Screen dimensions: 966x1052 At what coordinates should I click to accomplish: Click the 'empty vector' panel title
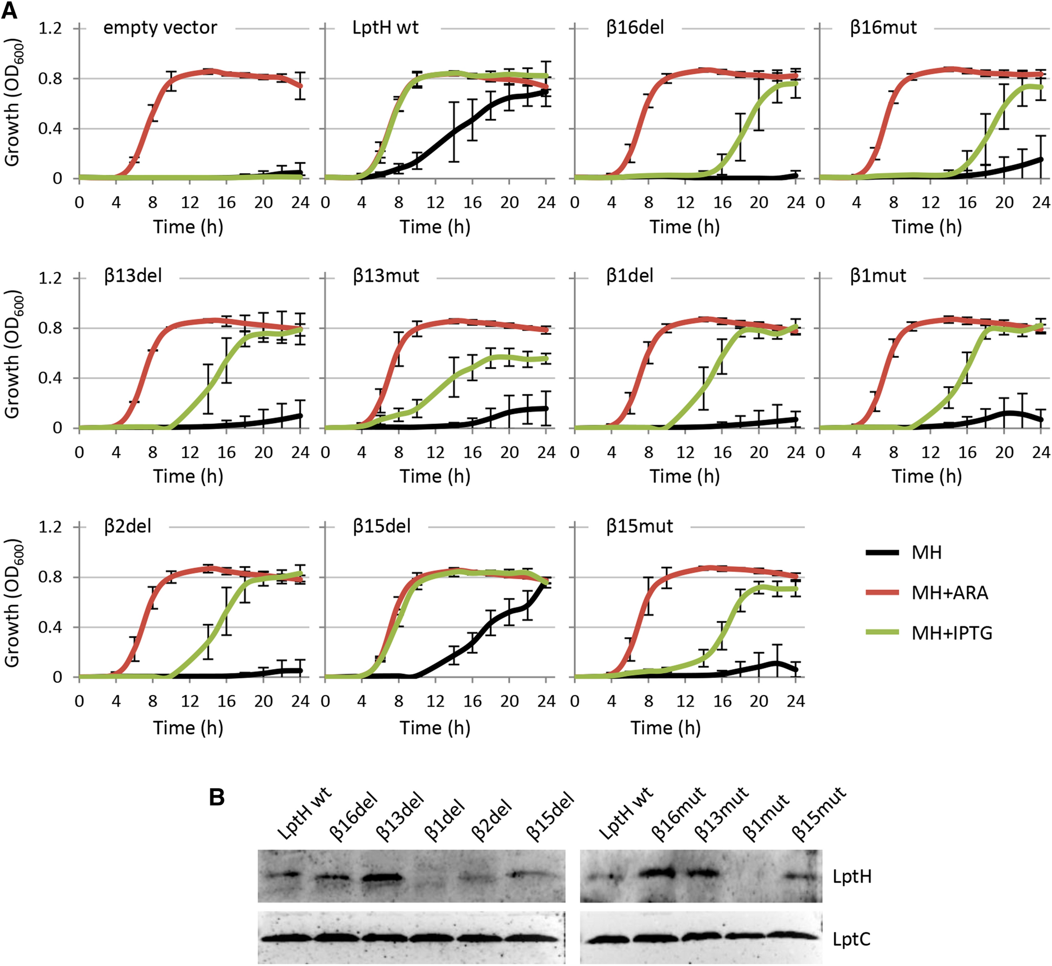point(160,27)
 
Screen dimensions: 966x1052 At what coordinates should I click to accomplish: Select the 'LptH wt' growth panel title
point(385,27)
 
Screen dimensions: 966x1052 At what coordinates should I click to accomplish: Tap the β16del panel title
point(635,27)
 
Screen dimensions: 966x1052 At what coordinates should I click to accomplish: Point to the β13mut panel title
point(386,276)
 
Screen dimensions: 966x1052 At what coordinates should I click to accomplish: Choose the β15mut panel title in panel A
point(639,526)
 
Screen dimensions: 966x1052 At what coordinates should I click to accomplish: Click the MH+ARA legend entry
point(949,593)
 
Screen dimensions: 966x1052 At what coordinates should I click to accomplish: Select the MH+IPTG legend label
point(952,633)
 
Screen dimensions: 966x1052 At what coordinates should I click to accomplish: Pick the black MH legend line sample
point(882,553)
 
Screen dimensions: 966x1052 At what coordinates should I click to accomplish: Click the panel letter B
point(217,797)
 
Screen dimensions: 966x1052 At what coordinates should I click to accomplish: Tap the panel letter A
point(9,10)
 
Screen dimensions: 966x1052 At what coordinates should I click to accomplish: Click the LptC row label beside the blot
point(851,939)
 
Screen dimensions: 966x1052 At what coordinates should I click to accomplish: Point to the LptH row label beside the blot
point(852,877)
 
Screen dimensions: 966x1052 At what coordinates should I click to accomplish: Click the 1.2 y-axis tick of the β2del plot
point(50,526)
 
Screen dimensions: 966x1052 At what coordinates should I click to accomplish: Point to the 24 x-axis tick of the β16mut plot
point(1040,203)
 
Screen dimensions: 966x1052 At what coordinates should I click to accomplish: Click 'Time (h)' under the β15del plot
point(435,727)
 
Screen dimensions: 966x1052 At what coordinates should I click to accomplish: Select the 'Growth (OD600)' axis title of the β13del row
point(13,353)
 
